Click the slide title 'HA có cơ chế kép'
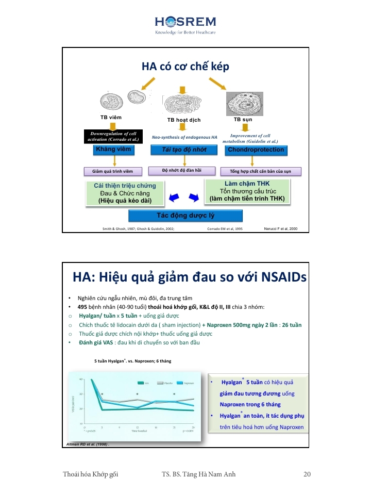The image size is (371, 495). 185,67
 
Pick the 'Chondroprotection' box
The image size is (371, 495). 256,150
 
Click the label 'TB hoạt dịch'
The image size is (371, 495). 183,120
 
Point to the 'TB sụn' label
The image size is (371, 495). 243,119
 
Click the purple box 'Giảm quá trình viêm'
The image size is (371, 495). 113,171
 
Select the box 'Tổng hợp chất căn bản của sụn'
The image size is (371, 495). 261,171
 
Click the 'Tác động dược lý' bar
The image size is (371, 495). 185,216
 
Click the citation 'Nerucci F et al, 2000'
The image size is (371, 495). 280,228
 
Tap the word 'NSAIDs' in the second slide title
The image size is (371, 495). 278,278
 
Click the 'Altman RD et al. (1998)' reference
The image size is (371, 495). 89,443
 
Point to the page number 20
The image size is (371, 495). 307,474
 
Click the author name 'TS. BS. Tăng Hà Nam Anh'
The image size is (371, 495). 199,474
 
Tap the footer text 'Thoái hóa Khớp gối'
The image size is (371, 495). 91,474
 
